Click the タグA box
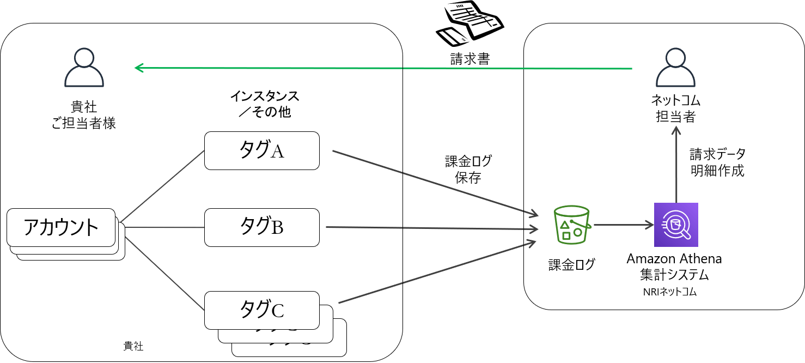point(261,150)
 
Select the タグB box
point(261,227)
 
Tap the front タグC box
point(261,310)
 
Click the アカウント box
point(61,227)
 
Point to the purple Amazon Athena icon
point(676,225)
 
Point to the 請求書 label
point(470,59)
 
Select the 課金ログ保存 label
point(468,169)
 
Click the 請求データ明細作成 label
point(717,162)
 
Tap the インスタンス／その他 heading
point(264,104)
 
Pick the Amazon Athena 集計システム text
point(674,266)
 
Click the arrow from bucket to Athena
point(624,224)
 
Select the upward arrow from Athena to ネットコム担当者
point(676,164)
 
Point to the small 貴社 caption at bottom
point(133,346)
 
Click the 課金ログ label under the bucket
point(571,265)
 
